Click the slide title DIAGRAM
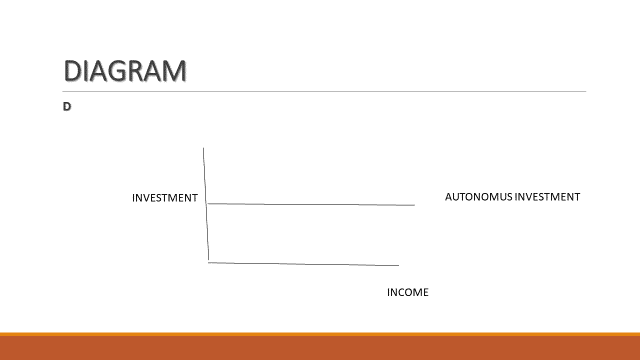[x=125, y=71]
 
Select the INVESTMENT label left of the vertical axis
[x=165, y=198]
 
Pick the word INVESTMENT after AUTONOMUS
[x=547, y=197]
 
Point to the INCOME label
[x=407, y=292]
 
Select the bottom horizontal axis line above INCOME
[x=300, y=263]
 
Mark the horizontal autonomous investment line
[x=310, y=204]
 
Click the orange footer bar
[x=320, y=347]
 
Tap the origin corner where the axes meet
[x=208, y=261]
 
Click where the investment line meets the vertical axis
[x=207, y=203]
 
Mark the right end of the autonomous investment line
[x=413, y=205]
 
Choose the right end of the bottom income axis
[x=398, y=265]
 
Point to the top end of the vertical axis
[x=204, y=148]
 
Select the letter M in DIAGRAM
[x=171, y=71]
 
